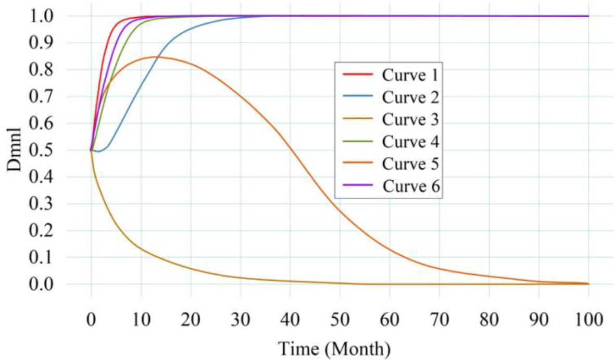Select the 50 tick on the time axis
pos(340,317)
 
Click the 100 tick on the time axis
pos(588,317)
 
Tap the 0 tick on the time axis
pos(91,317)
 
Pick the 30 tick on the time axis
pos(241,317)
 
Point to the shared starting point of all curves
pos(91,151)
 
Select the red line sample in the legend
pos(358,75)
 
